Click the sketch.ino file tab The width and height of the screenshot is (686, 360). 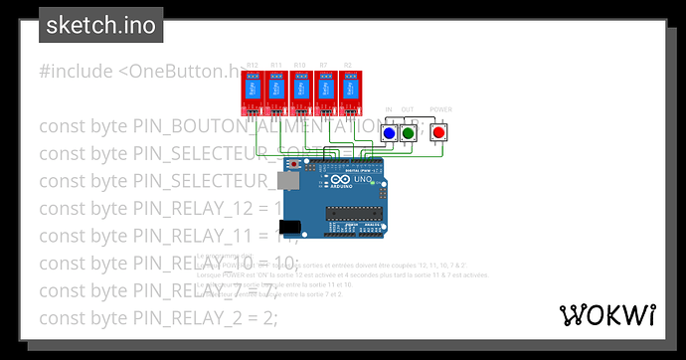click(101, 25)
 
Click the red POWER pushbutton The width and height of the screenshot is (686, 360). click(437, 132)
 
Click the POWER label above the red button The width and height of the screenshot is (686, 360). click(440, 109)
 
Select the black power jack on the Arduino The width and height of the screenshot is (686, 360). click(289, 228)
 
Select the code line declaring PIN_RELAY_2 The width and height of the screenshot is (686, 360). click(159, 317)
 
